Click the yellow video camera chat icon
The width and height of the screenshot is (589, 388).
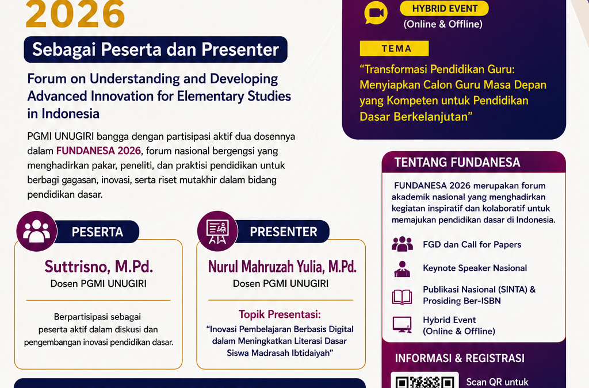click(376, 13)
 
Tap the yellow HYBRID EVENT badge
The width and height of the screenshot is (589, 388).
click(445, 8)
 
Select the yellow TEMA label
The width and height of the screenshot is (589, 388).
click(394, 48)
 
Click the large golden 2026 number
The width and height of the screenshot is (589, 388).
click(75, 14)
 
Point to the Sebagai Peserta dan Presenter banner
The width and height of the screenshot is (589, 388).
click(155, 49)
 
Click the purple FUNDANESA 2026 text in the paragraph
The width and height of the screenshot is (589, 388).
click(98, 151)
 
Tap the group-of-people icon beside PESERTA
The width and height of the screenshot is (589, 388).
click(36, 231)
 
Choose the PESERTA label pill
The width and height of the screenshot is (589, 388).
click(97, 232)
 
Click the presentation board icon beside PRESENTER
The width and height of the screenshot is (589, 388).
click(217, 231)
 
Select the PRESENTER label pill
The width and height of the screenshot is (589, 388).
click(283, 232)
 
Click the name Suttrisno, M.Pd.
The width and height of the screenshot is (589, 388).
click(99, 266)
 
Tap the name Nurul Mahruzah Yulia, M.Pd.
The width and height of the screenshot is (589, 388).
click(282, 266)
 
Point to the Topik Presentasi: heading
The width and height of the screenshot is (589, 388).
click(280, 314)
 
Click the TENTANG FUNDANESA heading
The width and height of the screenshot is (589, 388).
click(457, 162)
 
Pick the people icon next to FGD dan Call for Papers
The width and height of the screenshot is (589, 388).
click(402, 244)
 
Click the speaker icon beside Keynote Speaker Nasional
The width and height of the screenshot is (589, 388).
click(402, 268)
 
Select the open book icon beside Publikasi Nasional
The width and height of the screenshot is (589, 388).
click(402, 297)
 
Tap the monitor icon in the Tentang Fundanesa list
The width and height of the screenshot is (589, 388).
click(402, 325)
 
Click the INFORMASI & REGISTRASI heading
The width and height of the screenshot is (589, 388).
click(460, 358)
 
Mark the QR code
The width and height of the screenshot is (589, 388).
click(425, 381)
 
